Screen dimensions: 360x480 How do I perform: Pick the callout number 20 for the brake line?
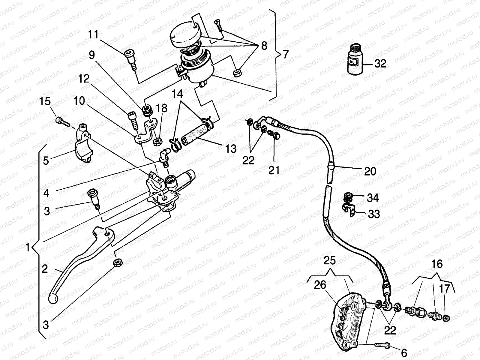point(370,171)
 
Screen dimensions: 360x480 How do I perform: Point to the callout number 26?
point(320,285)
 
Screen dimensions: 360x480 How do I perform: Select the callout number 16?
point(437,264)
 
